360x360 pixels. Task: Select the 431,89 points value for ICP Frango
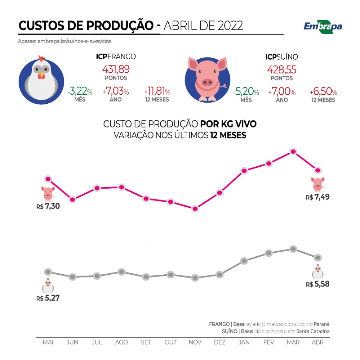116,69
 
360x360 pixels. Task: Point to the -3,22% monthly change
80,92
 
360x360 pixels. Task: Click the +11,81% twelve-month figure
157,92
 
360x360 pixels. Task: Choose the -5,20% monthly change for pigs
246,92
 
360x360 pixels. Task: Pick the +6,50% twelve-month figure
323,92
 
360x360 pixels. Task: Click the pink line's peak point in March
293,152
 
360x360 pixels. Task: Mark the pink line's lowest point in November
195,209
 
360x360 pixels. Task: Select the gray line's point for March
293,249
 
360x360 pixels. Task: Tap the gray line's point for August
121,272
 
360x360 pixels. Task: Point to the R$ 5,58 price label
317,284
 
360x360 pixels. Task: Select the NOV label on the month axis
195,342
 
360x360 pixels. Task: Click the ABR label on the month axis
317,342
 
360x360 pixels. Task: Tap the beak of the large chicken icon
41,76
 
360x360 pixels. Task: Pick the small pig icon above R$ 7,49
317,184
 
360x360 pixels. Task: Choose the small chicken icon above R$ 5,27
48,286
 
